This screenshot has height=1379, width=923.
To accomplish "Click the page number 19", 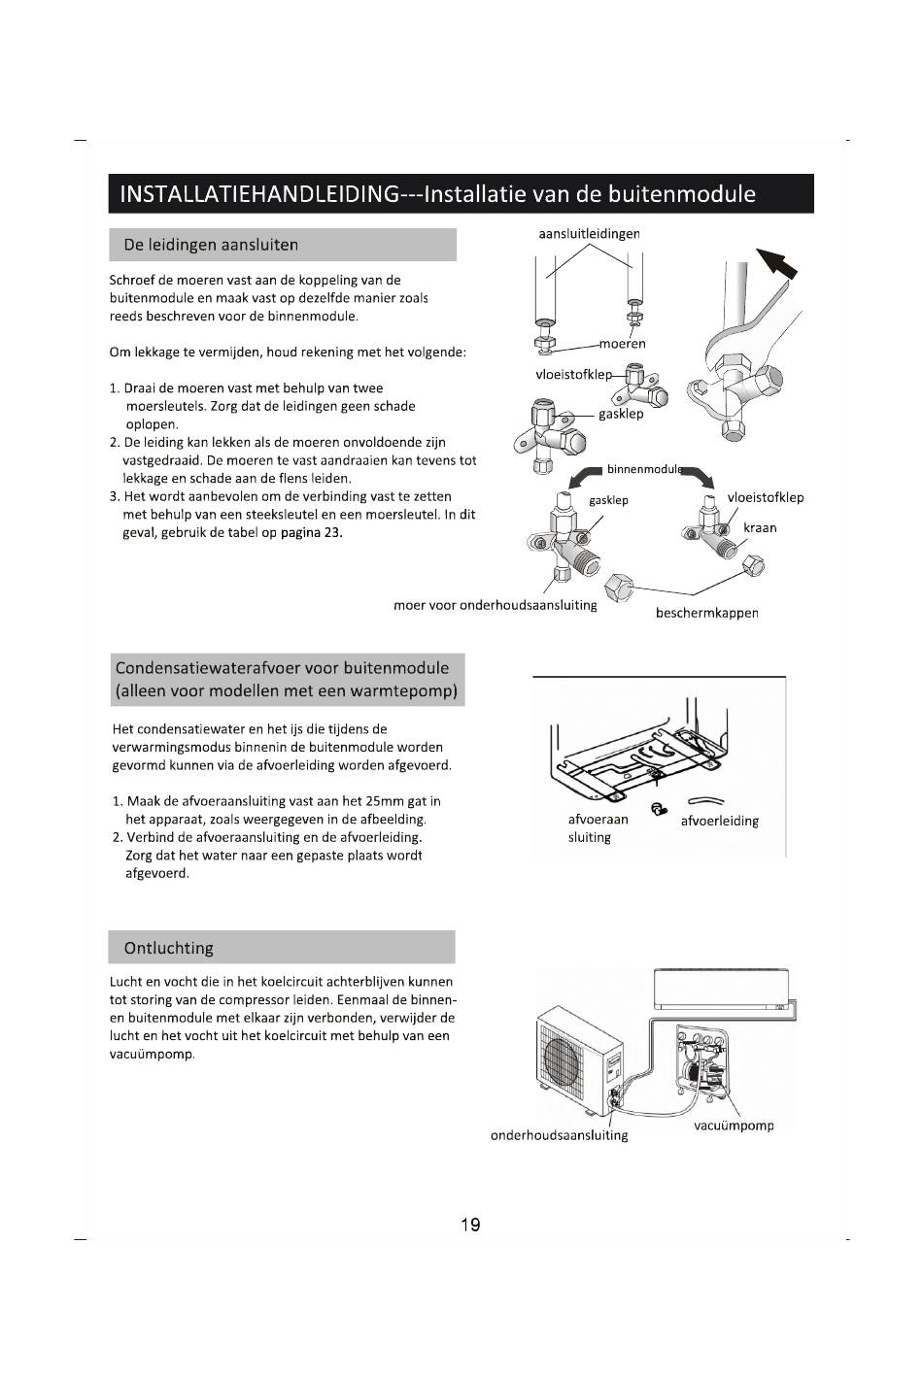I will [x=470, y=1225].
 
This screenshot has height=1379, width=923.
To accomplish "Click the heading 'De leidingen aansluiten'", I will [x=211, y=245].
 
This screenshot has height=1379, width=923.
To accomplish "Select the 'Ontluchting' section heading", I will [x=169, y=948].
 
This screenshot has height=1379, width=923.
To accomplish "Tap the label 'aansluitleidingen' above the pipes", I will [x=589, y=233].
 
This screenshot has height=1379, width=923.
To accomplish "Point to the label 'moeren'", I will [x=622, y=343].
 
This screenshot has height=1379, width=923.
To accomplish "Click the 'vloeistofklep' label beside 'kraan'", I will [x=766, y=497].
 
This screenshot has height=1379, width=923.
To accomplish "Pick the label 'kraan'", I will [x=760, y=527].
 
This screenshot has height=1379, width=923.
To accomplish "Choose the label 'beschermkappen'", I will [x=706, y=613].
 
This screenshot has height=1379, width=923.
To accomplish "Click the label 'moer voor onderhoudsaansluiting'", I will [x=495, y=605].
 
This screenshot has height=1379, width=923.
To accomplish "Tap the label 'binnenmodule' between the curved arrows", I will [x=645, y=469].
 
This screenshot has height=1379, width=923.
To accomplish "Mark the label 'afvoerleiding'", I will [x=719, y=821].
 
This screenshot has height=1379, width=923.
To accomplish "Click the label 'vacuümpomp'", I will [x=734, y=1126].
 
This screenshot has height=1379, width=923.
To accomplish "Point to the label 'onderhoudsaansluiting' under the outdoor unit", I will [x=559, y=1135].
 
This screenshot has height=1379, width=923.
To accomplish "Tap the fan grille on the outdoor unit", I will [x=564, y=1057].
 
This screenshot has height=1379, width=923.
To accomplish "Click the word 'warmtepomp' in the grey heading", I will [x=410, y=692].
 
